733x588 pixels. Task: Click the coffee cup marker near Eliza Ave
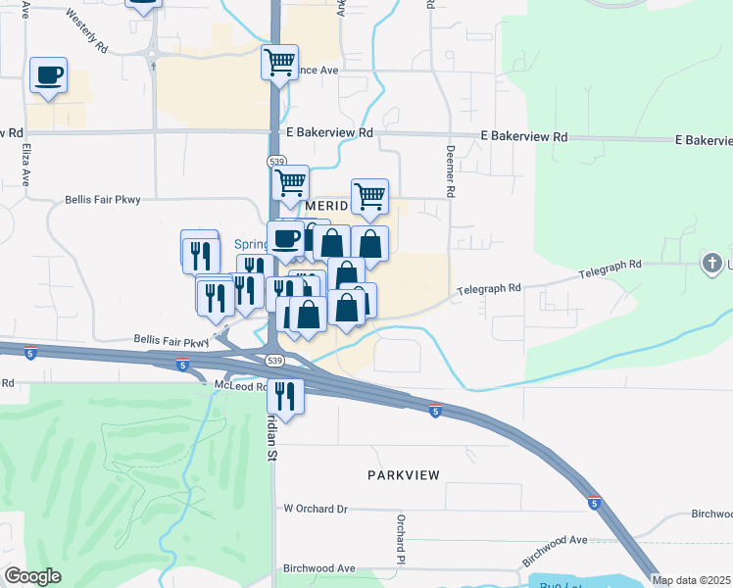[48, 75]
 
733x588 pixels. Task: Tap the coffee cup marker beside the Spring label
[286, 238]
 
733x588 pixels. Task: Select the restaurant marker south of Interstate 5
[285, 396]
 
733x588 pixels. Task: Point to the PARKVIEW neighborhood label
[404, 474]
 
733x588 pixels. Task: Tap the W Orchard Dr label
[316, 509]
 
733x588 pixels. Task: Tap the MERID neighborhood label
[326, 208]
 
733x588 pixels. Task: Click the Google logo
[32, 576]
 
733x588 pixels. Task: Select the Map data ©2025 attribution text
[692, 580]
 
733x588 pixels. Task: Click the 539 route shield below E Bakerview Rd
[275, 162]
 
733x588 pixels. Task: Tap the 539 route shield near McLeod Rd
[275, 361]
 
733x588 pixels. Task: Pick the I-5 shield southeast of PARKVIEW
[594, 503]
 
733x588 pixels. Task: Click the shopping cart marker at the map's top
[279, 64]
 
